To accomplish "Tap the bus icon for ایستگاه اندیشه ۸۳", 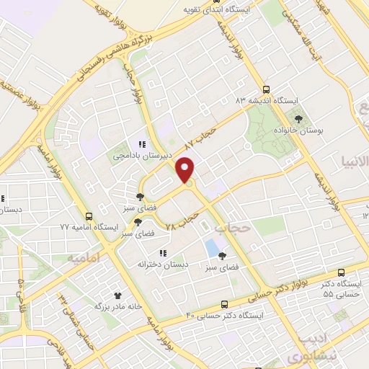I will click(x=267, y=91).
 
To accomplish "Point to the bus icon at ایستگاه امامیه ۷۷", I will click(x=89, y=216).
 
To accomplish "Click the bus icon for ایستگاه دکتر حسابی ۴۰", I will click(x=224, y=305).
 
